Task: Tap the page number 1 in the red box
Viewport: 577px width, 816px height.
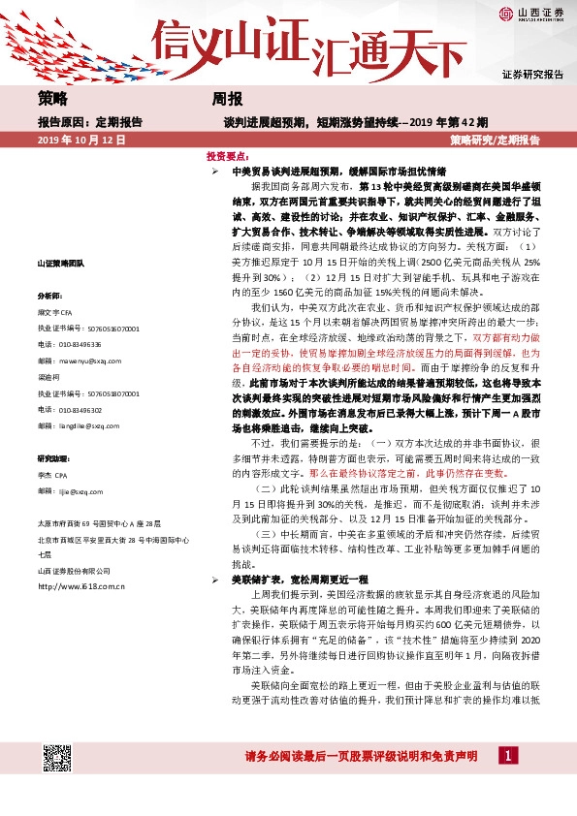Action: point(506,755)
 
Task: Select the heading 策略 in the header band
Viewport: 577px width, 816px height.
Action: point(53,100)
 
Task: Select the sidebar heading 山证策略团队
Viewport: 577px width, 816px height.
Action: point(61,264)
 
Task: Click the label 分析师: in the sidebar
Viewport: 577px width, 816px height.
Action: point(50,295)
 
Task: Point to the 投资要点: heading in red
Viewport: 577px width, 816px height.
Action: point(225,155)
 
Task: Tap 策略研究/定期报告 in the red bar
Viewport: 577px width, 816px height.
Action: point(495,141)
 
